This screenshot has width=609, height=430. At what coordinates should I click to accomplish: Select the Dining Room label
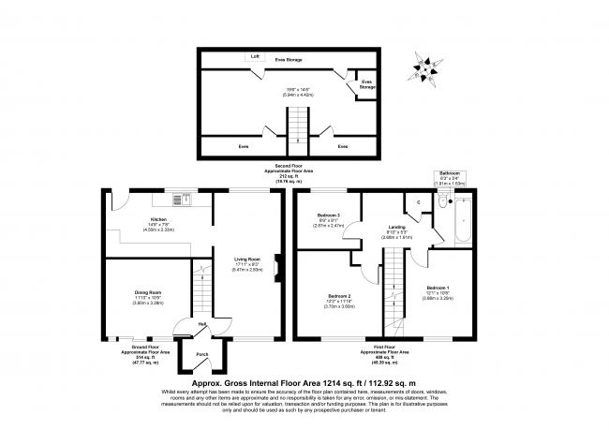(x=148, y=293)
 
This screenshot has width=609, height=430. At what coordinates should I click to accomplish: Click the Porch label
(x=201, y=355)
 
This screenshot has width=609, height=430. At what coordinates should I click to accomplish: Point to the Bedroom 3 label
(x=328, y=215)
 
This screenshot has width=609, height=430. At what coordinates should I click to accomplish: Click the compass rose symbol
(x=428, y=68)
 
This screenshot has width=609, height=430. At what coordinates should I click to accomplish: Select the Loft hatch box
(x=253, y=56)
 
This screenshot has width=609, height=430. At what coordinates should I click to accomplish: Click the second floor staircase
(x=297, y=123)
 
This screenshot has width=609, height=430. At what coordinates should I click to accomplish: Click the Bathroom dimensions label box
(x=452, y=178)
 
